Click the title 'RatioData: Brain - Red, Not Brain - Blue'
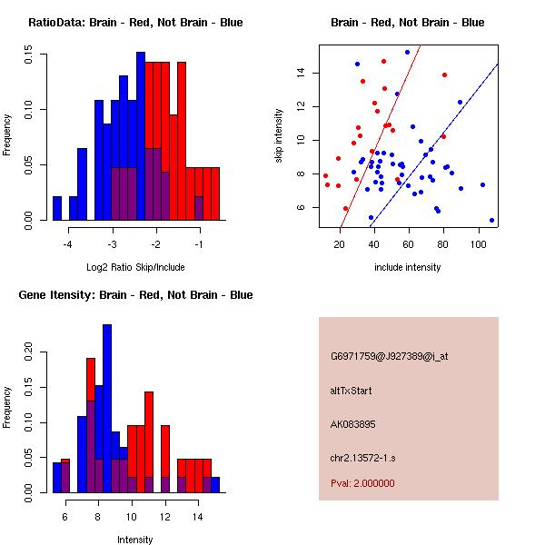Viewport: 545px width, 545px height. coord(135,23)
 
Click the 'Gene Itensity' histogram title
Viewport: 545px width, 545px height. coord(135,295)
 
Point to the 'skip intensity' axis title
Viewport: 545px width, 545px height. coord(280,135)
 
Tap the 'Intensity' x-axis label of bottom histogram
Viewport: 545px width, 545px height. coord(135,540)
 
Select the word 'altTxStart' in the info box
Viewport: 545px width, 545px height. coord(352,391)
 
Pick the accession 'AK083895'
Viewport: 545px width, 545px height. coord(353,424)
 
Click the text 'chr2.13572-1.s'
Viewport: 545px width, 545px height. coord(360,458)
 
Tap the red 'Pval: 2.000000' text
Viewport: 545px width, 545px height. coord(362,483)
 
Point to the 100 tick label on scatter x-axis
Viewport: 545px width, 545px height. coord(479,243)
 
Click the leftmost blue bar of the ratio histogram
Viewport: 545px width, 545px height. coord(57,208)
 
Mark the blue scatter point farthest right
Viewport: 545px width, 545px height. coord(491,220)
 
